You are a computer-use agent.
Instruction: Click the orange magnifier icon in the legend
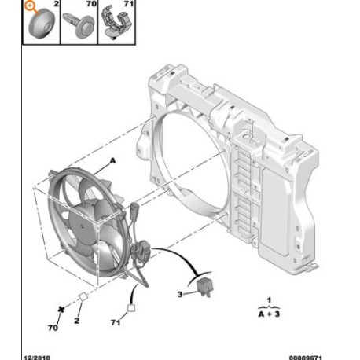pyautogui.click(x=31, y=6)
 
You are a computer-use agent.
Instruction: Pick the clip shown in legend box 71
pyautogui.click(x=116, y=23)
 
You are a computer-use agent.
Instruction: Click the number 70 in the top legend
pyautogui.click(x=91, y=4)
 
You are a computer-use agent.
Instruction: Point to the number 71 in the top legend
pyautogui.click(x=128, y=4)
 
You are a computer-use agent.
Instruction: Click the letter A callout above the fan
pyautogui.click(x=112, y=160)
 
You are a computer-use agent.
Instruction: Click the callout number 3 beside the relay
pyautogui.click(x=180, y=294)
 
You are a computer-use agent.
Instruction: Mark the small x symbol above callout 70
pyautogui.click(x=61, y=310)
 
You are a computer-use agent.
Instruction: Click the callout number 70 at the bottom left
pyautogui.click(x=53, y=328)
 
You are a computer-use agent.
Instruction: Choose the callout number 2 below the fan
pyautogui.click(x=76, y=321)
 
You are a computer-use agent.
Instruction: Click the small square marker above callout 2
pyautogui.click(x=83, y=297)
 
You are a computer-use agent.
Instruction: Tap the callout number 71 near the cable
pyautogui.click(x=116, y=322)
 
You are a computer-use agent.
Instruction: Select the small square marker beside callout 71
pyautogui.click(x=131, y=308)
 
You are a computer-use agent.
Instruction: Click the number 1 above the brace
pyautogui.click(x=269, y=300)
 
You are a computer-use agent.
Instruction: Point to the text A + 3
pyautogui.click(x=269, y=314)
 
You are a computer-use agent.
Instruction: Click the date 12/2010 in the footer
pyautogui.click(x=37, y=358)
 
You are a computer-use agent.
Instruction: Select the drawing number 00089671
pyautogui.click(x=306, y=358)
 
